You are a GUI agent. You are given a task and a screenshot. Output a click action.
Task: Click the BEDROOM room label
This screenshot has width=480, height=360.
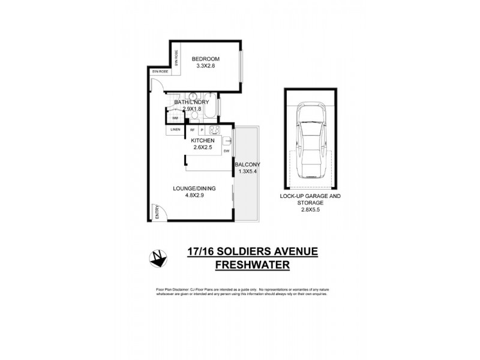pyautogui.click(x=205, y=58)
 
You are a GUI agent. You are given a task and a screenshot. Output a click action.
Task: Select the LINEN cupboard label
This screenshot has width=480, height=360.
pyautogui.click(x=175, y=130)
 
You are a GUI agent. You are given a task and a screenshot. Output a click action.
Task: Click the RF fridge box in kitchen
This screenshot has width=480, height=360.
pyautogui.click(x=193, y=130)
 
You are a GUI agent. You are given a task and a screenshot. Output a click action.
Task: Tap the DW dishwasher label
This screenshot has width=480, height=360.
pyautogui.click(x=227, y=151)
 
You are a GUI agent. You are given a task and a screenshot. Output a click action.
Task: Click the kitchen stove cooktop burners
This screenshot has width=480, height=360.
pyautogui.click(x=214, y=130)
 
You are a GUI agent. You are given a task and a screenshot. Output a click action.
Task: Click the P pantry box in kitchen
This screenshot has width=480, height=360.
pyautogui.click(x=202, y=130)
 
